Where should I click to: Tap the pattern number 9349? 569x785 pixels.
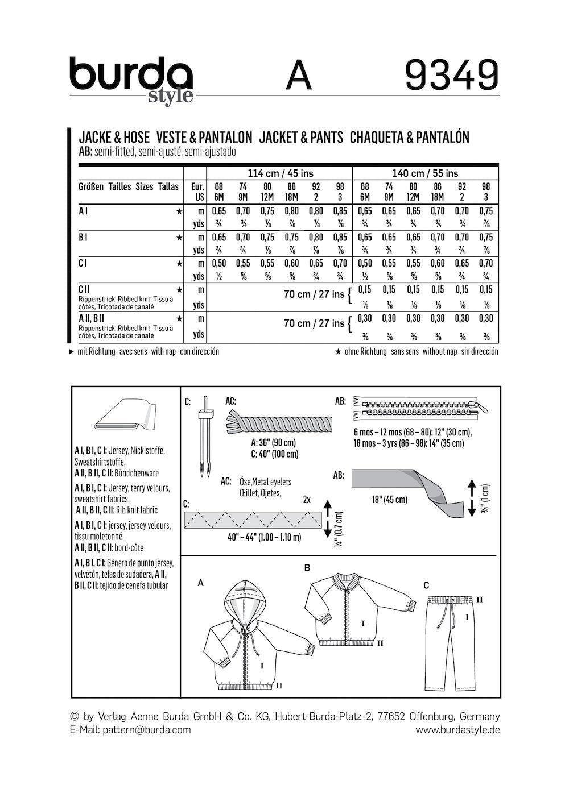pos(452,75)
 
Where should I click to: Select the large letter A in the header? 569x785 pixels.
pos(299,76)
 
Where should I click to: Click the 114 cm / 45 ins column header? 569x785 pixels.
pos(280,173)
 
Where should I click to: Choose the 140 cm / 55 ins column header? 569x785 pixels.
pos(425,173)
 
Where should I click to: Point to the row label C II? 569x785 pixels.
pos(84,289)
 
